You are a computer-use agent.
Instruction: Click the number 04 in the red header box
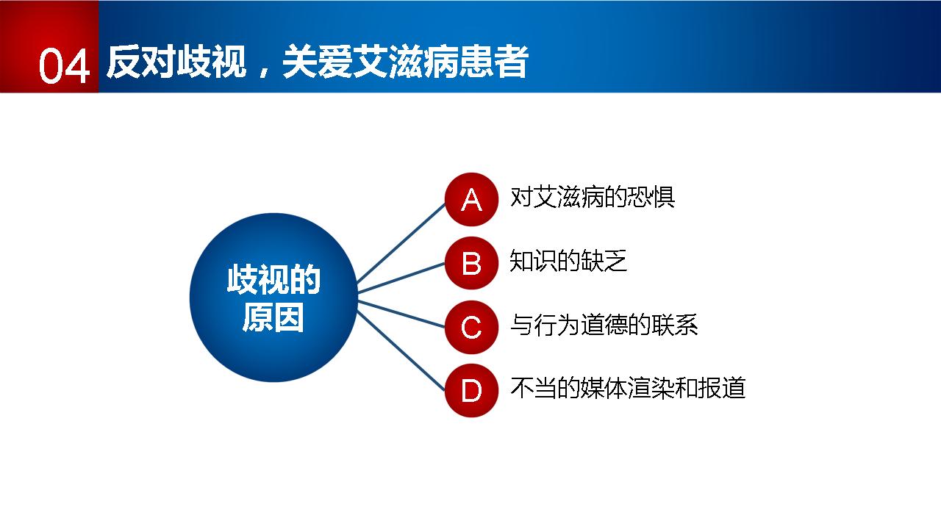pos(64,65)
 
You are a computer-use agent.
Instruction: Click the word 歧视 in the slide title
pos(211,62)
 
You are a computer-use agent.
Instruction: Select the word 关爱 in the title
pos(318,62)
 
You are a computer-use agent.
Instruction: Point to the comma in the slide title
pos(264,72)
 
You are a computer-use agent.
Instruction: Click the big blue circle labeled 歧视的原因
pos(273,298)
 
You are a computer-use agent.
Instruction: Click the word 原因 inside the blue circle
pos(273,318)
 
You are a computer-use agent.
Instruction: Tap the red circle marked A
pos(471,199)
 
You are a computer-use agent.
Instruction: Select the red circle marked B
pos(471,263)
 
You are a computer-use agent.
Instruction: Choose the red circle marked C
pos(471,327)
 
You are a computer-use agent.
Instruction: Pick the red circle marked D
pos(471,390)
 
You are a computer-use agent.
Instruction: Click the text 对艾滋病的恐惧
pos(593,197)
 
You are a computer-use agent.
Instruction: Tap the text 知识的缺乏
pos(568,260)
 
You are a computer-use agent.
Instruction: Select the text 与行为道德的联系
pos(604,325)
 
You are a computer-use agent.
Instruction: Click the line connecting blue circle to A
pos(401,242)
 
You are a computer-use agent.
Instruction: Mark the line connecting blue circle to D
pos(401,351)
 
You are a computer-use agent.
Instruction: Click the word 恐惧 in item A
pos(651,197)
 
